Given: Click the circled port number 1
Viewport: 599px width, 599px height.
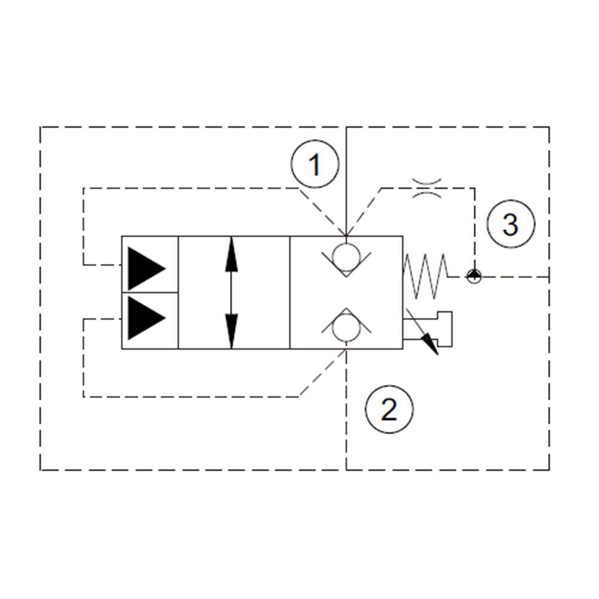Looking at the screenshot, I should pyautogui.click(x=315, y=165).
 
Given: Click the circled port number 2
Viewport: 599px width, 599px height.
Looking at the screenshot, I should pyautogui.click(x=389, y=410).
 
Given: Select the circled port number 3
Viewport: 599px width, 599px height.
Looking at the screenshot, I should pyautogui.click(x=510, y=225).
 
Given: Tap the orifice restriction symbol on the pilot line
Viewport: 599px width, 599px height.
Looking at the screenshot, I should pyautogui.click(x=427, y=187).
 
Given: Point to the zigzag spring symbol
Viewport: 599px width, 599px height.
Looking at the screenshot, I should pyautogui.click(x=426, y=276).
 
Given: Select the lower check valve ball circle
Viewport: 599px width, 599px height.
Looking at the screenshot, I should pyautogui.click(x=346, y=328).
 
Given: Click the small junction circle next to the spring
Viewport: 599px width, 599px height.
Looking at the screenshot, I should pyautogui.click(x=474, y=276).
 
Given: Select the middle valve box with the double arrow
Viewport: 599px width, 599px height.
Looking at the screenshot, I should pyautogui.click(x=234, y=292).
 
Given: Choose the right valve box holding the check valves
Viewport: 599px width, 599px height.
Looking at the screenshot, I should pyautogui.click(x=346, y=292).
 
